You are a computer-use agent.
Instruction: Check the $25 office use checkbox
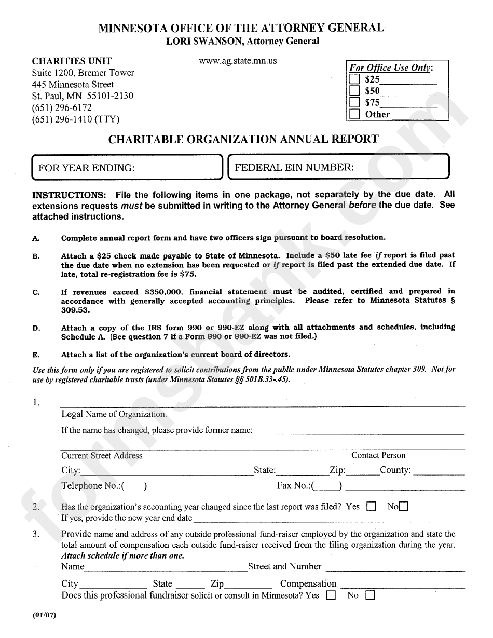coord(354,79)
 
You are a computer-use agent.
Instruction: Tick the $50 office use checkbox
coord(354,91)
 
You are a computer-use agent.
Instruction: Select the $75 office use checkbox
coord(354,102)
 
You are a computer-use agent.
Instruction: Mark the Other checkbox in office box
coord(354,114)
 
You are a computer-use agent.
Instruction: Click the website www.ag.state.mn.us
coord(238,61)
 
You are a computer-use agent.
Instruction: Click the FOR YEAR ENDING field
coord(127,168)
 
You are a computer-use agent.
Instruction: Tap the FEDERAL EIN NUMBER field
coord(339,167)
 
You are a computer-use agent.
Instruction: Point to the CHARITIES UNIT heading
coord(72,61)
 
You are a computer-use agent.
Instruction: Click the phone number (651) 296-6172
coord(62,107)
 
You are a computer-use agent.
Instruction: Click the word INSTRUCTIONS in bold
coord(69,195)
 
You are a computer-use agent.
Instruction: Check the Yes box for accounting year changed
coord(371,507)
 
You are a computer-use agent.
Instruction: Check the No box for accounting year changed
coord(403,507)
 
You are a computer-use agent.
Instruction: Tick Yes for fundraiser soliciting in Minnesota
coord(331,596)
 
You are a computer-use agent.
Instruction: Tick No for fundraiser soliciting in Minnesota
coord(369,596)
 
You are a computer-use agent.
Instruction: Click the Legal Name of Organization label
coord(114,414)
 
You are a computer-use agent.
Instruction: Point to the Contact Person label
coord(378,455)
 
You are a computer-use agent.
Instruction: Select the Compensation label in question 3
coord(308,583)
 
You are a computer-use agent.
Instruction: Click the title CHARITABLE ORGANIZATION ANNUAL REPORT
coord(243,139)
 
